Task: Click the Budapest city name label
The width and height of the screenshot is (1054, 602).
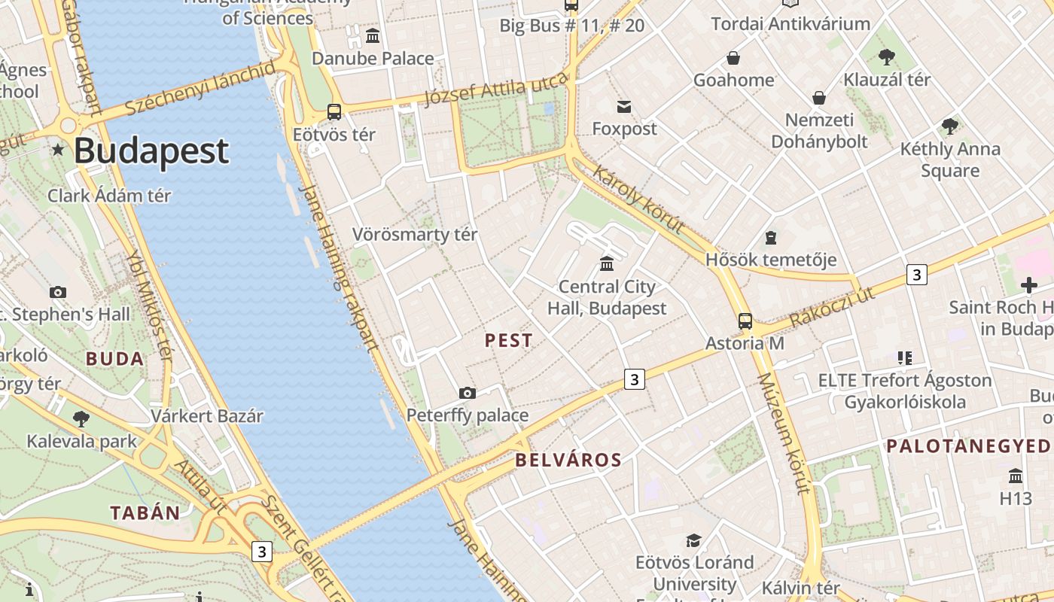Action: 151,150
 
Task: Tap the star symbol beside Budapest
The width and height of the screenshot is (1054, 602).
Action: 58,150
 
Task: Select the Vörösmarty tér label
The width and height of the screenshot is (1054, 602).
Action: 415,235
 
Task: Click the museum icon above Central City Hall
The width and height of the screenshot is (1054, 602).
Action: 607,263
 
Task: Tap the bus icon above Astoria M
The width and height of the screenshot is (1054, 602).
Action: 745,321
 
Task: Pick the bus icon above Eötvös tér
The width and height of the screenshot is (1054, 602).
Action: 334,112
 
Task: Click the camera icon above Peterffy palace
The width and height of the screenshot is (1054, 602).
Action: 468,393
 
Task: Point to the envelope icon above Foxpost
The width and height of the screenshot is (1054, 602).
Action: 624,106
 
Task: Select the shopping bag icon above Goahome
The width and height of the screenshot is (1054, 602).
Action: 733,58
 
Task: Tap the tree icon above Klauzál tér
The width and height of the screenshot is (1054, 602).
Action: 887,56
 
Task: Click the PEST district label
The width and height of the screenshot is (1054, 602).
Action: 509,341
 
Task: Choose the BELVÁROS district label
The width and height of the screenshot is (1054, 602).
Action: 568,461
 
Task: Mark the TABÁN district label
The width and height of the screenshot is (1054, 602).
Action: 145,513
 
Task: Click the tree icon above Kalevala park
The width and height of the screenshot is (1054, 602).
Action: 81,418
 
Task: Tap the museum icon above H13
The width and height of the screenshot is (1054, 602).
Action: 1016,476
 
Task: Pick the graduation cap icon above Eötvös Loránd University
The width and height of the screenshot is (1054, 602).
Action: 693,540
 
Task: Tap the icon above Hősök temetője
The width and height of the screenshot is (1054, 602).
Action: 770,238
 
